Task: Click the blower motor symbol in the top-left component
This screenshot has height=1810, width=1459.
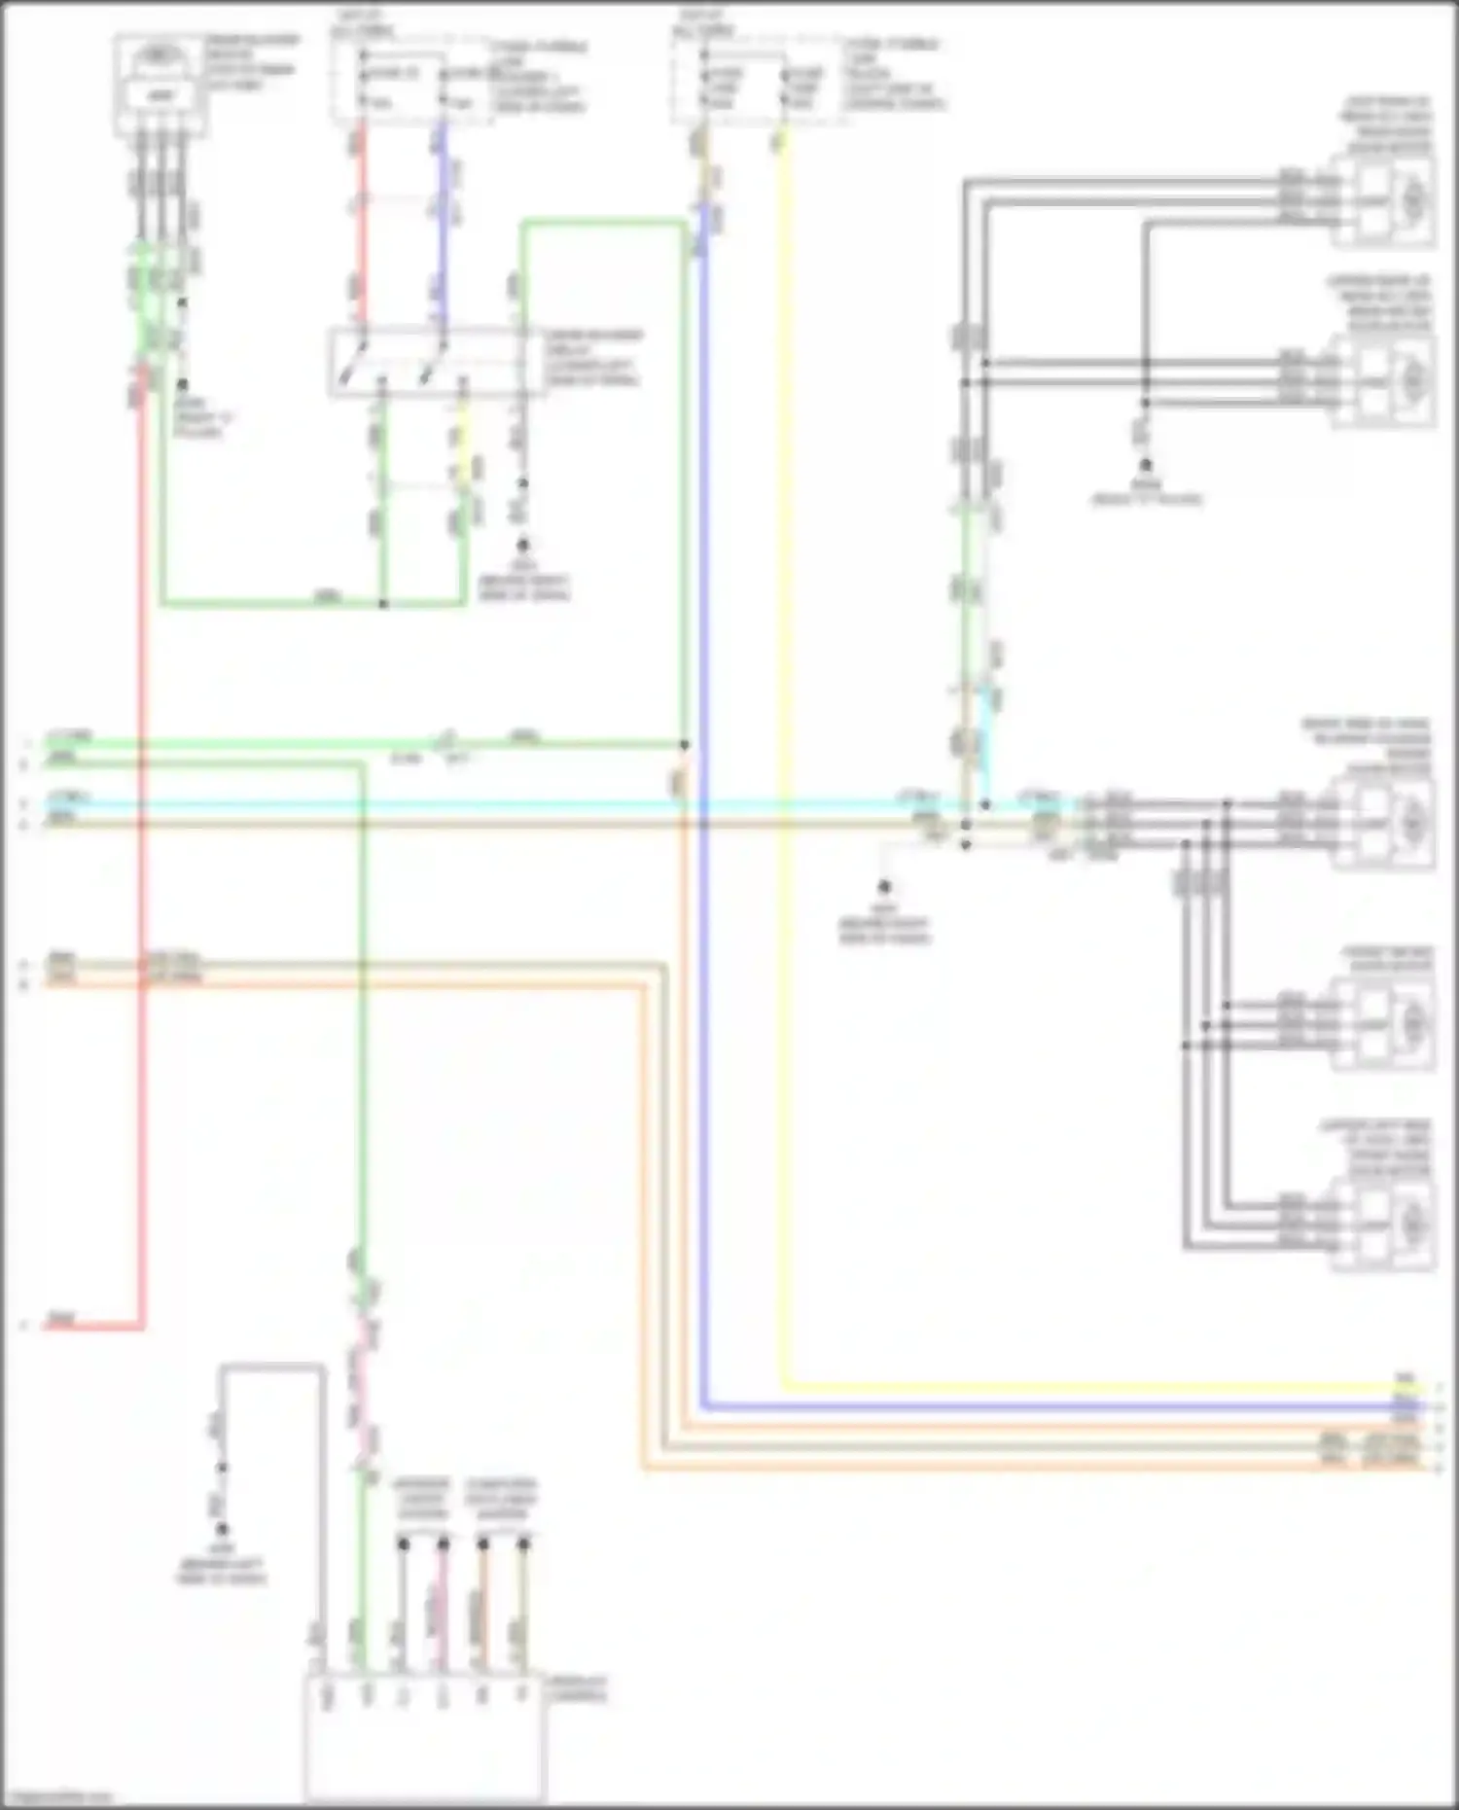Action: [160, 56]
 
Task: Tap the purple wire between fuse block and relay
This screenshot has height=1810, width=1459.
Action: [441, 224]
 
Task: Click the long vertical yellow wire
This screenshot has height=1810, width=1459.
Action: [784, 778]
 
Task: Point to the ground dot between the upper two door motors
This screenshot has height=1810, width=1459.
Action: [1147, 466]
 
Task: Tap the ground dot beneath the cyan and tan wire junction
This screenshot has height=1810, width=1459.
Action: [884, 886]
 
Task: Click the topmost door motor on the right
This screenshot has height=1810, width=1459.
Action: [1385, 200]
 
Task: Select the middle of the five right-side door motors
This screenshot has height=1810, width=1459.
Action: [1385, 823]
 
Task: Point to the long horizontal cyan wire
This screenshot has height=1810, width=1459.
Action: [486, 805]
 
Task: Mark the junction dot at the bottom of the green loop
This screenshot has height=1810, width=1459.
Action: [383, 604]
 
